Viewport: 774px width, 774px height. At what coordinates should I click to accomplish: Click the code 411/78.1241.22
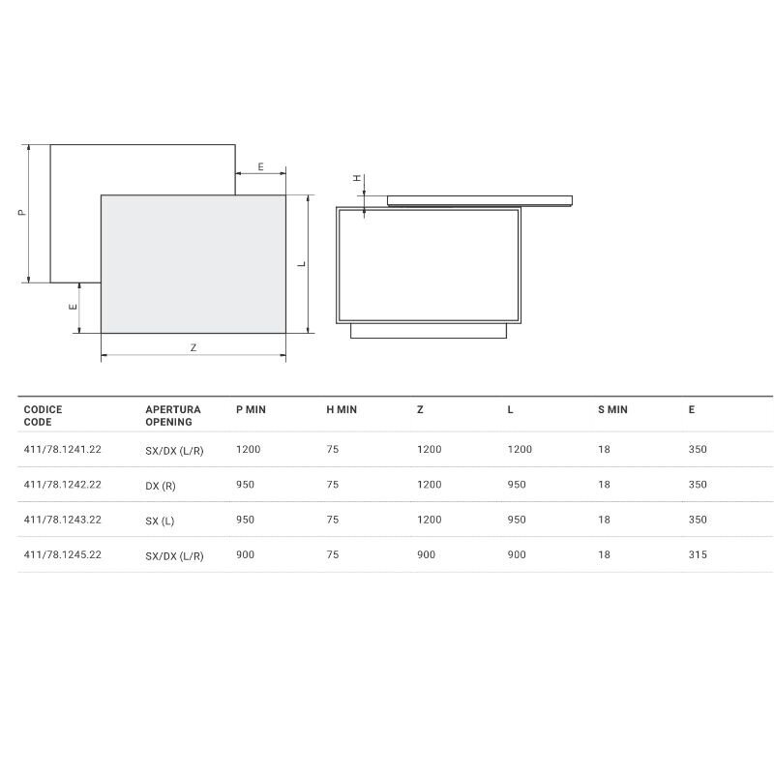tap(63, 449)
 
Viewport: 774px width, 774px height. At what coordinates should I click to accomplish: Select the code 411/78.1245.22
tap(63, 554)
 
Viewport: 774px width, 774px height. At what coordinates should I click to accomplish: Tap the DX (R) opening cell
tap(161, 486)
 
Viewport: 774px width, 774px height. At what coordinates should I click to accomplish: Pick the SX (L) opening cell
tap(160, 521)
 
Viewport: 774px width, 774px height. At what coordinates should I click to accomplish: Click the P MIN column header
tap(251, 409)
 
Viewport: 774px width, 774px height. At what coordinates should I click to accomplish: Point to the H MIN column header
tap(342, 409)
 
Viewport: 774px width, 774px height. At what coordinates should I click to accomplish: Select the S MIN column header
tap(612, 409)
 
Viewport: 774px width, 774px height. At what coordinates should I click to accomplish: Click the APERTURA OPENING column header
tap(173, 416)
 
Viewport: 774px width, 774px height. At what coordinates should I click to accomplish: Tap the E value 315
tap(698, 554)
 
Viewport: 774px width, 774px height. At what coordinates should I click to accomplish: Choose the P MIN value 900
tap(246, 554)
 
